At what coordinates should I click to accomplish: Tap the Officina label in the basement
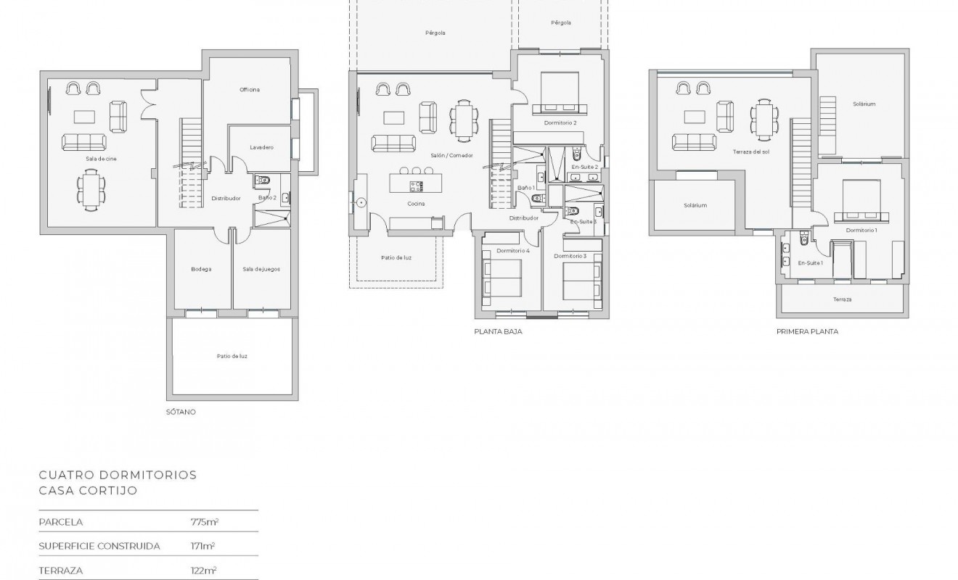click(250, 90)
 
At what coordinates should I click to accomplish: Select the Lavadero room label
click(261, 147)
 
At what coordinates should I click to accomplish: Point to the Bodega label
click(201, 269)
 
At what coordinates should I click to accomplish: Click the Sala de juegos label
click(261, 269)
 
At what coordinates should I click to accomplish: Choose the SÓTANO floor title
click(181, 412)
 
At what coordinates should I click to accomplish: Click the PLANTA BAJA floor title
click(498, 331)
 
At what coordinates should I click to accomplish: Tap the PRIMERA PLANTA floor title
click(807, 331)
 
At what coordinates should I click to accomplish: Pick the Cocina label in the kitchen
click(416, 204)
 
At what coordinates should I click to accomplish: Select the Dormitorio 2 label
click(560, 123)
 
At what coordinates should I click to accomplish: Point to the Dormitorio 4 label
click(513, 251)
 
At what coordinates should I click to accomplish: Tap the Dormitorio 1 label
click(861, 230)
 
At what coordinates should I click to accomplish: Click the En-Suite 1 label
click(810, 262)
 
